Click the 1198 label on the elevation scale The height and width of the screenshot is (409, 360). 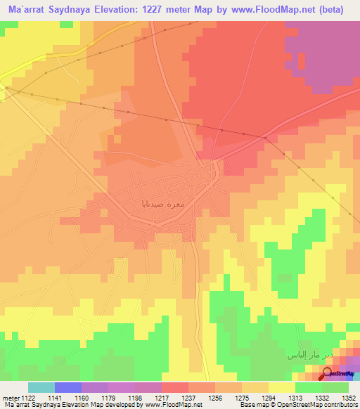(136, 398)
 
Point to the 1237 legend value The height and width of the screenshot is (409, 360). (188, 398)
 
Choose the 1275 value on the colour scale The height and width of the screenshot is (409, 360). (242, 398)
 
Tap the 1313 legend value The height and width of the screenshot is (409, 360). (295, 398)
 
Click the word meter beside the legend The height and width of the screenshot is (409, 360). (11, 398)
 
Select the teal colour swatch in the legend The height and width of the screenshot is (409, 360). (41, 387)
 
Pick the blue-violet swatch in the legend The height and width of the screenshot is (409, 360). (67, 387)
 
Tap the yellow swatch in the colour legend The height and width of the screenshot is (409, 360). (281, 387)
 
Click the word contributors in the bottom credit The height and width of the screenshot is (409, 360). (338, 405)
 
